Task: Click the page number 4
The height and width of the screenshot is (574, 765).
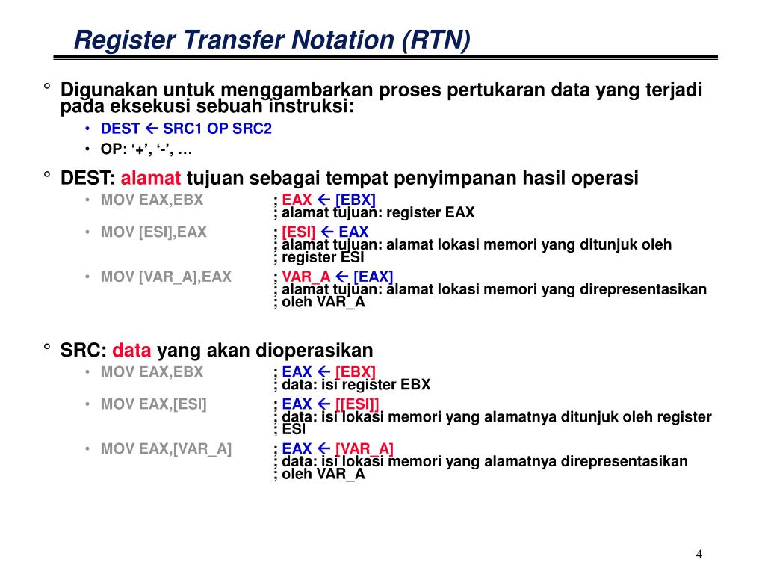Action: pyautogui.click(x=699, y=554)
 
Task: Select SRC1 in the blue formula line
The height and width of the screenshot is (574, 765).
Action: pyautogui.click(x=183, y=129)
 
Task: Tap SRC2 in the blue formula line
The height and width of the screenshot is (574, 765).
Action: pyautogui.click(x=252, y=129)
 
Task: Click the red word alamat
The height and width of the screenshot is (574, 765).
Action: pyautogui.click(x=151, y=179)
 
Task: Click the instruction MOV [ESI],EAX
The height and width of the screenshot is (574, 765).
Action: pyautogui.click(x=153, y=232)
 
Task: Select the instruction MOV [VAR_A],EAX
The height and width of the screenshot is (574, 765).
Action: pyautogui.click(x=166, y=277)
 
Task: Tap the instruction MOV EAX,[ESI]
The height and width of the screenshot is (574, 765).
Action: pyautogui.click(x=153, y=405)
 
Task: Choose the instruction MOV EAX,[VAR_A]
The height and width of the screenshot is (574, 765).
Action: pyautogui.click(x=166, y=449)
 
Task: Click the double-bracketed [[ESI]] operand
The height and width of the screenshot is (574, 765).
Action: pyautogui.click(x=357, y=405)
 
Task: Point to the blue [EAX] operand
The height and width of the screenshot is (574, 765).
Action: pyautogui.click(x=373, y=277)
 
